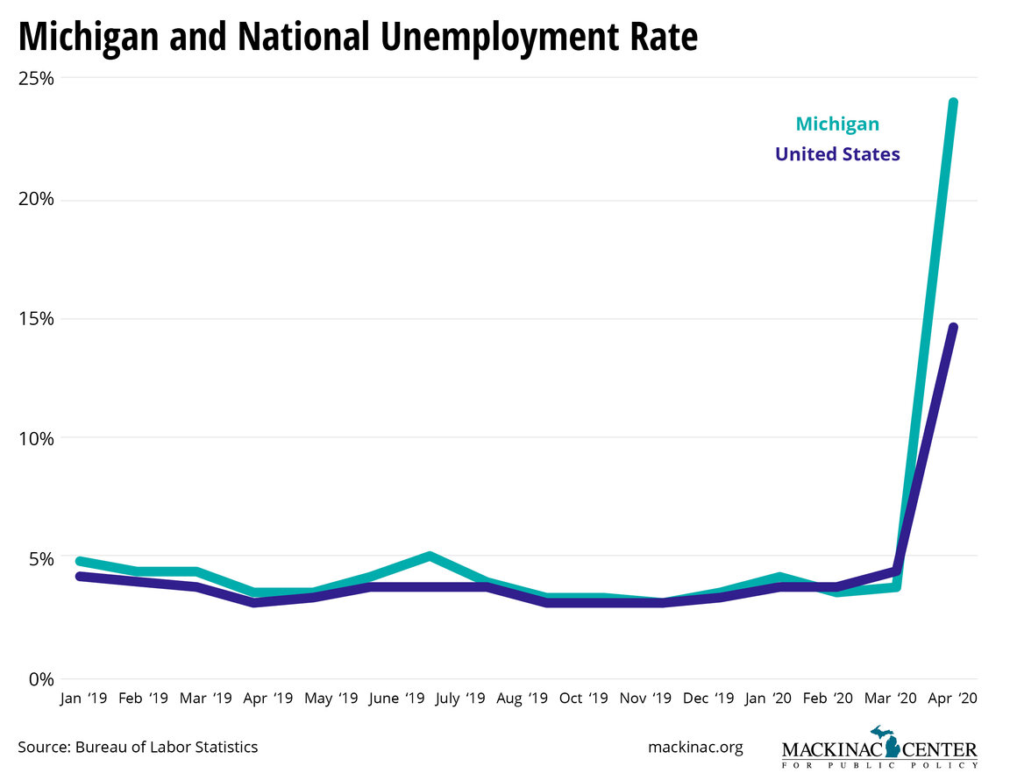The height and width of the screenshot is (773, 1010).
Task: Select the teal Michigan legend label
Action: click(x=836, y=124)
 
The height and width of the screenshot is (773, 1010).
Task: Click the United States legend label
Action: click(x=836, y=155)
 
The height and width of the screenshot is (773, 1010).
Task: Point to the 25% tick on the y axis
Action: click(x=36, y=79)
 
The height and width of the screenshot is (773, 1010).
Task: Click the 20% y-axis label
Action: click(x=36, y=199)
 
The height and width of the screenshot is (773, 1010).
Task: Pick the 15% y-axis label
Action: click(x=36, y=318)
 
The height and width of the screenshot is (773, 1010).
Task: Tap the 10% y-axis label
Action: click(x=36, y=438)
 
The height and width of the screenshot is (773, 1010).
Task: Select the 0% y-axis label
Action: click(x=39, y=678)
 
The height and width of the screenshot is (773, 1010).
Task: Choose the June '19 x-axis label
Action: click(x=397, y=699)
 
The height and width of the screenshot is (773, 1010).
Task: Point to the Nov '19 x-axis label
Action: click(x=645, y=699)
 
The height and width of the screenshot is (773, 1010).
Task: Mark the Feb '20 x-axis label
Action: click(x=827, y=699)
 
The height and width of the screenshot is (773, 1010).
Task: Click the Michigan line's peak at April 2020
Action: click(x=953, y=103)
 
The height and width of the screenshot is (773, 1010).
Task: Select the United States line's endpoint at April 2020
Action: click(x=953, y=328)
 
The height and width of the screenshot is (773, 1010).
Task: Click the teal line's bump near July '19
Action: click(x=429, y=557)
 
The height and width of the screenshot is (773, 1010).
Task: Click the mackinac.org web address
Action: click(x=695, y=747)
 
